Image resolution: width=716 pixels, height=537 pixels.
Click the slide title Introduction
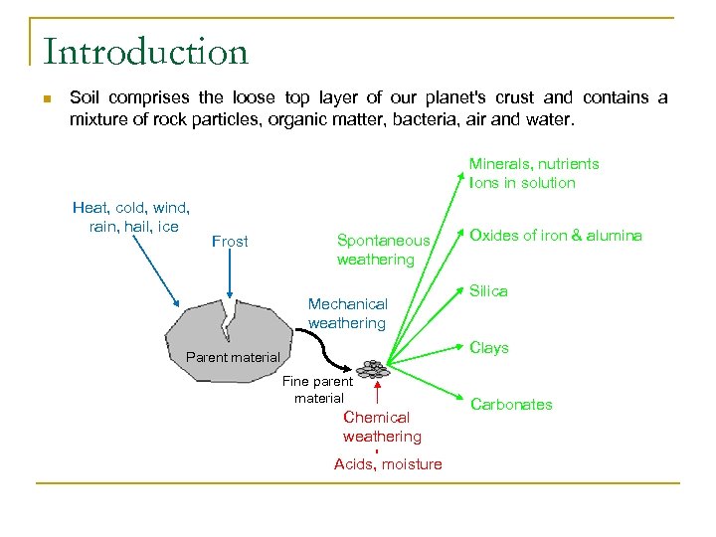tap(145, 52)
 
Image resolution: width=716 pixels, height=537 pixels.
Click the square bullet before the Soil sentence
tap(46, 98)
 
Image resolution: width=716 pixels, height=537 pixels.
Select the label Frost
tap(230, 242)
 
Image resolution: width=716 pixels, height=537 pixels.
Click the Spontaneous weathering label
tap(383, 250)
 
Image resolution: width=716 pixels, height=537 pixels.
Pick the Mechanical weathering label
tap(347, 313)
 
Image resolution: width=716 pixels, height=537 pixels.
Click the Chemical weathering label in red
tap(382, 427)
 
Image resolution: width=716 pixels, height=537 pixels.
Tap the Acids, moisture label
tap(388, 464)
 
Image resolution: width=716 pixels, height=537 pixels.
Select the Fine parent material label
tap(318, 389)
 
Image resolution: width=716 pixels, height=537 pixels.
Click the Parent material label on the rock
tap(233, 358)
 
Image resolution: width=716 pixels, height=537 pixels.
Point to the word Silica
tap(488, 291)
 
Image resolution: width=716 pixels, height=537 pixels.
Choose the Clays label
tap(489, 348)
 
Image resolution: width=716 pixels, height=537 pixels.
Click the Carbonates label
tap(511, 404)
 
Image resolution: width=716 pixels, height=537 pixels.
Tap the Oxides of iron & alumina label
tap(555, 236)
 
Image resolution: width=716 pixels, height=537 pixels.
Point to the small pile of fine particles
tap(373, 369)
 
